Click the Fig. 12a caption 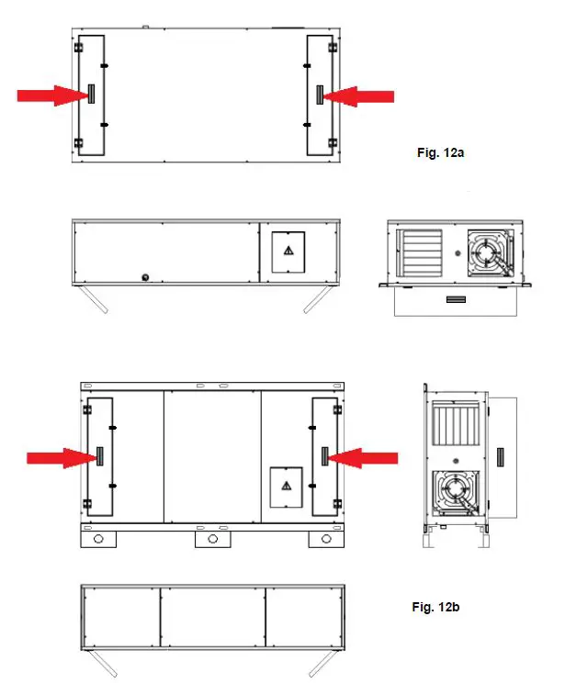coord(440,153)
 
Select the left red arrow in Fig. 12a coord(50,95)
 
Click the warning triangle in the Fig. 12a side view coord(288,250)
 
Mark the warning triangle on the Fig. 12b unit coord(287,485)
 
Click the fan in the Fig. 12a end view coord(492,251)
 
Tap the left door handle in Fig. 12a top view coord(90,95)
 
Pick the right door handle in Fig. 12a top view coord(319,95)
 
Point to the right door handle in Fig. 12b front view coord(324,456)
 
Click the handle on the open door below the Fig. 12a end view coord(456,300)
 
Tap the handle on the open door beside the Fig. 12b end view coord(502,456)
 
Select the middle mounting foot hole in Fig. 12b coord(212,539)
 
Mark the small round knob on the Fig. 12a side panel coord(142,276)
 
